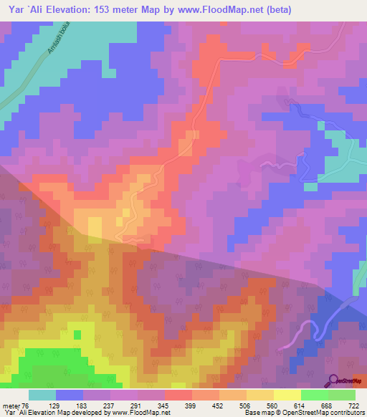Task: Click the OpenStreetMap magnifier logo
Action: tap(333, 380)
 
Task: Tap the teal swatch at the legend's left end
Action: tap(42, 395)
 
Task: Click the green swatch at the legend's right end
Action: tap(342, 395)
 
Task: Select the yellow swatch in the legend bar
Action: tap(287, 395)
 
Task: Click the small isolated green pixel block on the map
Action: tap(76, 334)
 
